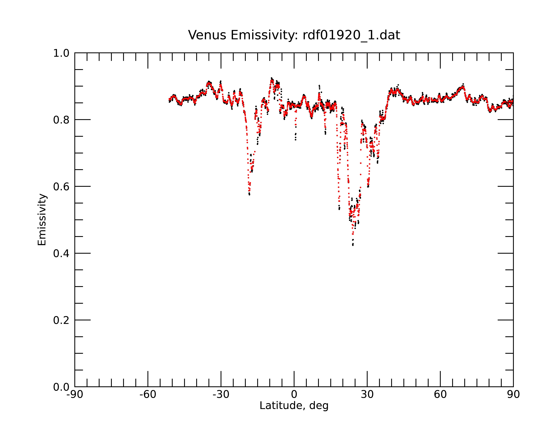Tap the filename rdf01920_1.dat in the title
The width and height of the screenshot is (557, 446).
point(351,35)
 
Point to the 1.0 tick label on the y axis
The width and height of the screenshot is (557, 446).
point(61,53)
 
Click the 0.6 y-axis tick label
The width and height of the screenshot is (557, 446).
point(61,187)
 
